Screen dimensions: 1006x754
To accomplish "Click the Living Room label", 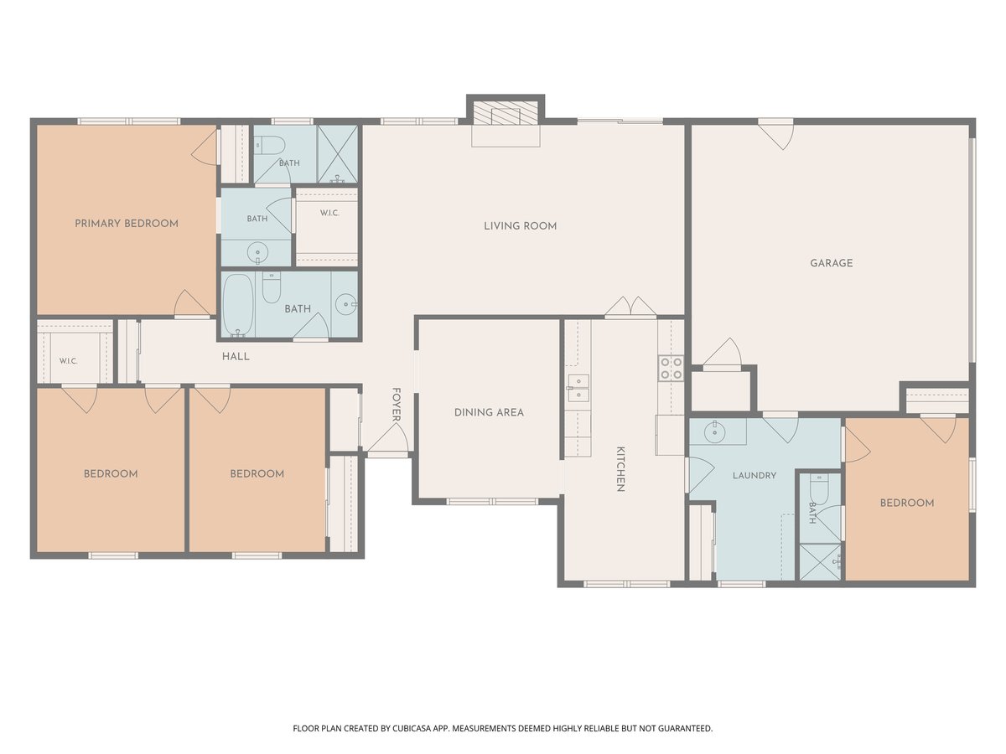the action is coord(521,226).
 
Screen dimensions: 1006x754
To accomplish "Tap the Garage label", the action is coord(832,263).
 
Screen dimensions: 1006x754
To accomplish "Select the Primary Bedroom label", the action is coord(127,224).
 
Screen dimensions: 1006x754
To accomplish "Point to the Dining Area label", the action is coord(489,412).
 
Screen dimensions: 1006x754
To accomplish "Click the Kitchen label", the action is coord(620,469).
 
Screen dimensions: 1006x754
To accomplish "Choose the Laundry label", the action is coord(754,476).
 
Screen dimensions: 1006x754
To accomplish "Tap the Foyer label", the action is coord(397,405).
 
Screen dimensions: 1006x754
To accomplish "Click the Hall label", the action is coord(236,357).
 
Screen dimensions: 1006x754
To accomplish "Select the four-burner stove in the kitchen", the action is coord(671,369).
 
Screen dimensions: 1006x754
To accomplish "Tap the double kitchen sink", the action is coord(578,388).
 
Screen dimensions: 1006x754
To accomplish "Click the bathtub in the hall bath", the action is coord(238,305).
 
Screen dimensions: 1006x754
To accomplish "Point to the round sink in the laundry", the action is coord(713,431).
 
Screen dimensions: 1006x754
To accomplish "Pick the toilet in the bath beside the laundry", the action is coord(818,488).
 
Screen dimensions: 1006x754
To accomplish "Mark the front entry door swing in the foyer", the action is coord(389,438).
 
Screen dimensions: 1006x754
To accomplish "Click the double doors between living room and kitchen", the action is coord(630,307).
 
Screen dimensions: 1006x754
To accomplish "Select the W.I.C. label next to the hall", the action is coord(68,361).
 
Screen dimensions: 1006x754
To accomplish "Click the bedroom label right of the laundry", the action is coord(907,504).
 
